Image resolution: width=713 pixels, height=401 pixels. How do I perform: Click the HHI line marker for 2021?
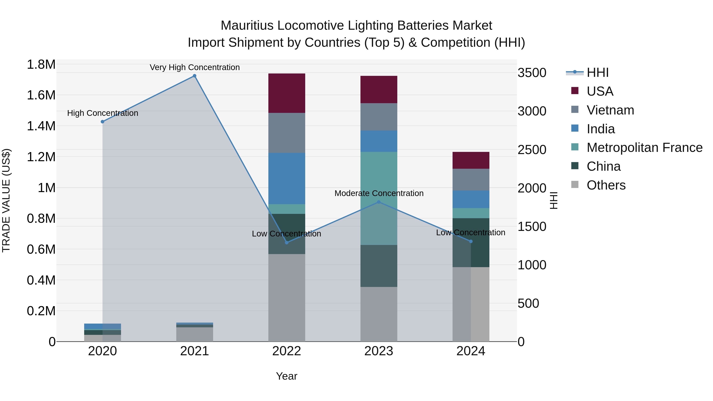coord(194,76)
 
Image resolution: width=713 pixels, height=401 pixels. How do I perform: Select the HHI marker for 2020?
coord(102,122)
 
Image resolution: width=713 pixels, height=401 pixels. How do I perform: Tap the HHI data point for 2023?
coord(379,202)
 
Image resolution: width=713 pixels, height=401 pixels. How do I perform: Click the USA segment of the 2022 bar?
coord(287,93)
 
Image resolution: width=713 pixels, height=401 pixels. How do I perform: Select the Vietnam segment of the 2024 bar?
coord(471,179)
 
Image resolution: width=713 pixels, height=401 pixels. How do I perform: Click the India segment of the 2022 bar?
coord(287,178)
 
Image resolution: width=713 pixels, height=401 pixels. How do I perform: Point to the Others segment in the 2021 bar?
coord(194,334)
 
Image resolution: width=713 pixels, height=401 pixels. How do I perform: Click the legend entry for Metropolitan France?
coord(644,148)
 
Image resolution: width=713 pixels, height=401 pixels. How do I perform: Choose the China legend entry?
coord(603,166)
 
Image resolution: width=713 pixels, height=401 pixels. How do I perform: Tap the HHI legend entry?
coord(597,72)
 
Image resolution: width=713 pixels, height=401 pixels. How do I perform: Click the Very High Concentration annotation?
coord(194,67)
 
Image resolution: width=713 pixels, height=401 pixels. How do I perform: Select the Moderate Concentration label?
coord(379,193)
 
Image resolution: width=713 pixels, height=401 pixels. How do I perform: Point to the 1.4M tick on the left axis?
coord(41,126)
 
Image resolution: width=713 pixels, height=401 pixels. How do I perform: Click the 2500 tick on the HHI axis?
coord(532,150)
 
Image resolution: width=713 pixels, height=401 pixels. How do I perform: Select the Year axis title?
coord(286,376)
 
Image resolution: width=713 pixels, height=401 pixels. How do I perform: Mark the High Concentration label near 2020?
coord(102,113)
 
